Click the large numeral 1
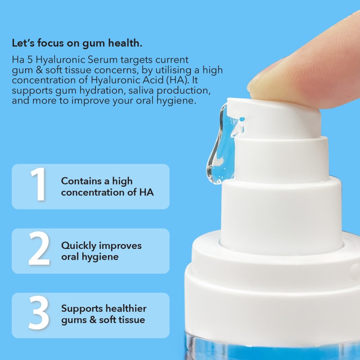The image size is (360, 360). (38, 186)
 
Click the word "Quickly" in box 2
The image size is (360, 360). (77, 246)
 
